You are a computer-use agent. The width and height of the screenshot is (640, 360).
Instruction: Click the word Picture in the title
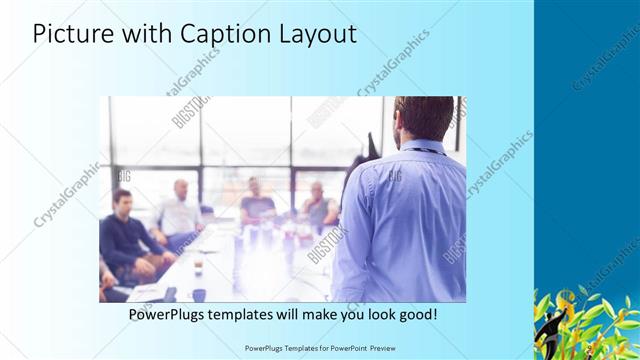tap(72, 34)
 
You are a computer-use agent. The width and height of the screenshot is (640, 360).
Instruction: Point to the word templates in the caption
tap(252, 314)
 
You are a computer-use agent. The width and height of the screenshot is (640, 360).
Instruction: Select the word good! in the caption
tap(416, 314)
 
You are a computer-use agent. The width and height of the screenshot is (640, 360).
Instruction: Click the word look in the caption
tap(375, 314)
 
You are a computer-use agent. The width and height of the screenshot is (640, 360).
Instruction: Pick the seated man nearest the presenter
tap(318, 205)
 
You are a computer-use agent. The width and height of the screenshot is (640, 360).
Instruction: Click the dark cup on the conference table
tap(199, 294)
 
